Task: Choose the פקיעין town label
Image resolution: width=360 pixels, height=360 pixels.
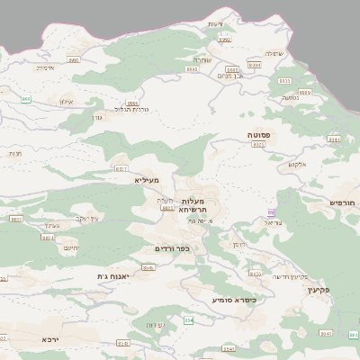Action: click(319, 291)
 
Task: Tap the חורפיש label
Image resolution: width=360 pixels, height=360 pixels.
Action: click(343, 203)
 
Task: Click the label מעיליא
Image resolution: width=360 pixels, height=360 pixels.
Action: click(146, 180)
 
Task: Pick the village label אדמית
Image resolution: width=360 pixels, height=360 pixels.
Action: click(46, 67)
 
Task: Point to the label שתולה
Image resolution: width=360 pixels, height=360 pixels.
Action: click(274, 53)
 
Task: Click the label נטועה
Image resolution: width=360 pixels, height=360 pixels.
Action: click(291, 97)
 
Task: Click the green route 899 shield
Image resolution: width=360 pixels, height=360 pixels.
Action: click(27, 99)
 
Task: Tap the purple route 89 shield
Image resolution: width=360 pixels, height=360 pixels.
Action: click(270, 212)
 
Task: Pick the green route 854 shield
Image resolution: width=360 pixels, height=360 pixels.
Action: click(188, 319)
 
